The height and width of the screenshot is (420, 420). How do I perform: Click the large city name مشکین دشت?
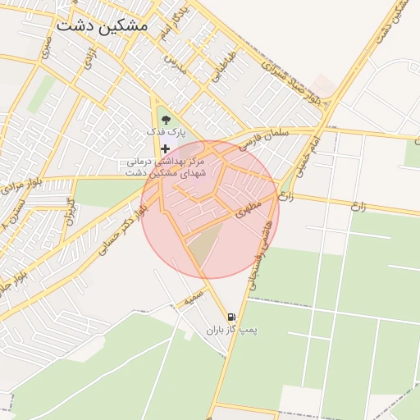click(x=102, y=25)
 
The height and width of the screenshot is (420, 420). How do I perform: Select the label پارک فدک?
click(x=167, y=132)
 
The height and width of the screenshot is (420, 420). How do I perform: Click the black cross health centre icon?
click(x=167, y=148)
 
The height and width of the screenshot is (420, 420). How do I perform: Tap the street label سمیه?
click(x=193, y=299)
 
